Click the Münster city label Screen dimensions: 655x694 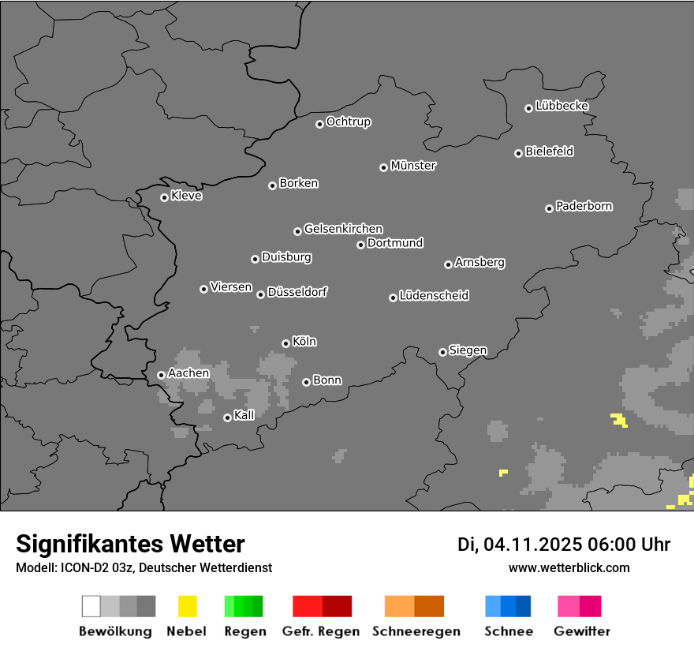[x=413, y=166]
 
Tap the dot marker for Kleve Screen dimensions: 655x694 [x=164, y=197]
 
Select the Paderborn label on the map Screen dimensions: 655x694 [x=584, y=206]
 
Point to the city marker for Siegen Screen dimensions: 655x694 [x=442, y=352]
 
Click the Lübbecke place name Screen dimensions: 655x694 [x=562, y=106]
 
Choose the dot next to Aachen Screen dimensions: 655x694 [x=161, y=375]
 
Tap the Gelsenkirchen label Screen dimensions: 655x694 [x=343, y=229]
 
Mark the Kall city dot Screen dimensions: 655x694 [x=227, y=417]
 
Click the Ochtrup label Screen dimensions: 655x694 [x=349, y=122]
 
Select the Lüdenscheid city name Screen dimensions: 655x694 [x=434, y=295]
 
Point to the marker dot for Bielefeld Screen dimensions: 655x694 [x=518, y=153]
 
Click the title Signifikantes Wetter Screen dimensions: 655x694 [x=130, y=544]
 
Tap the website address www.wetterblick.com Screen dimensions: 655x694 [x=569, y=567]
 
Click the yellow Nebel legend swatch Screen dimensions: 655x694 [x=187, y=606]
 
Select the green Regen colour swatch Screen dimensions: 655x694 [x=243, y=606]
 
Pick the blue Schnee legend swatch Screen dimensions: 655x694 [x=508, y=606]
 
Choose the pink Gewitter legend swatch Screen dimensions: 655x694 [x=580, y=606]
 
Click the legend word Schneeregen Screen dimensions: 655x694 [x=416, y=631]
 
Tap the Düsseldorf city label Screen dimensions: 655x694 [x=297, y=292]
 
